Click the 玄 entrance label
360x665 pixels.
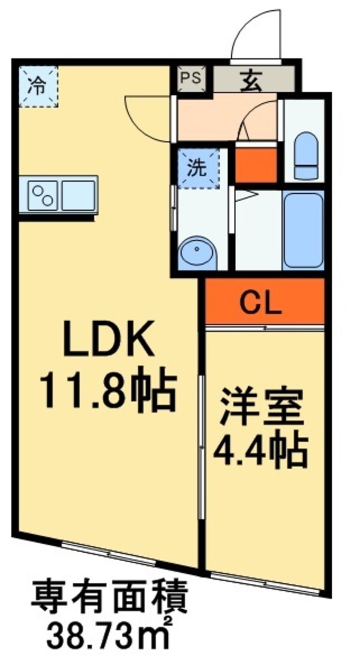[252, 80]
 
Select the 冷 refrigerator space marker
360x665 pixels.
[37, 86]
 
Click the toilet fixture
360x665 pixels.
[305, 152]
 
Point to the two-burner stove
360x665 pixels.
[40, 194]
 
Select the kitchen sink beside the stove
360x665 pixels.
[78, 194]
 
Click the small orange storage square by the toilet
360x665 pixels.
[256, 163]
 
